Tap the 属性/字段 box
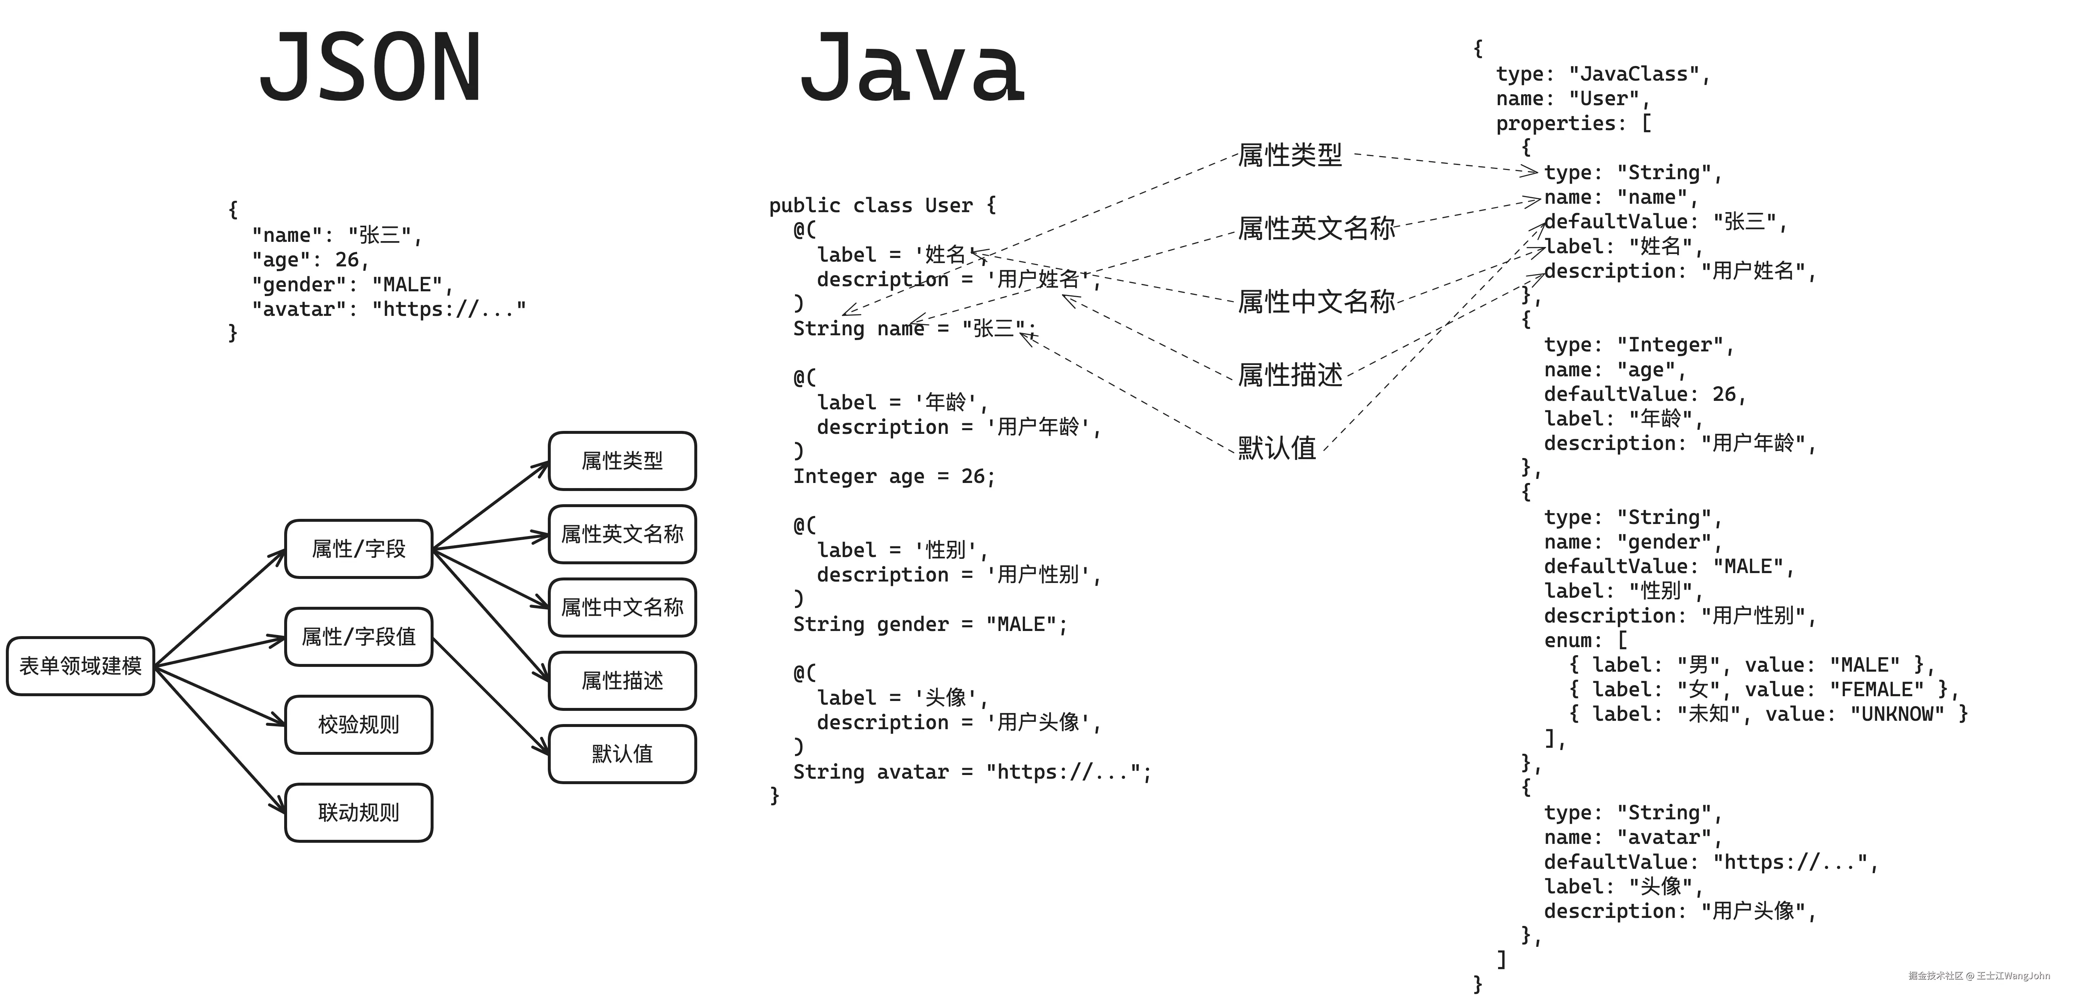(x=359, y=549)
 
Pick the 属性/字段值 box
(x=359, y=637)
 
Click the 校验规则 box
(x=359, y=725)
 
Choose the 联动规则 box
(x=359, y=812)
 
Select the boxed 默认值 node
(x=622, y=754)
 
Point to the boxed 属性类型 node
(x=622, y=461)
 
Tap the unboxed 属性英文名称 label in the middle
(x=1316, y=229)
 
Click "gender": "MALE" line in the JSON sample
(x=353, y=285)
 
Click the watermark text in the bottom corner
(x=1979, y=976)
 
